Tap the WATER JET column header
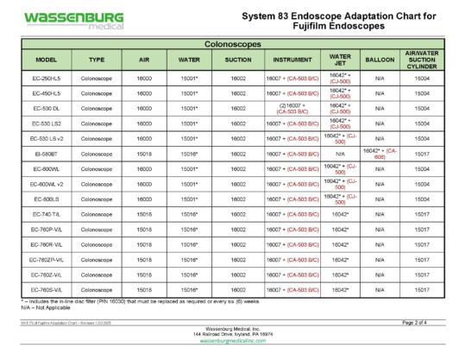point(340,60)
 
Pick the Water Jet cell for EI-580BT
point(340,154)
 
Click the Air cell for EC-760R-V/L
point(144,244)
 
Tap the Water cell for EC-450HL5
point(190,93)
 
